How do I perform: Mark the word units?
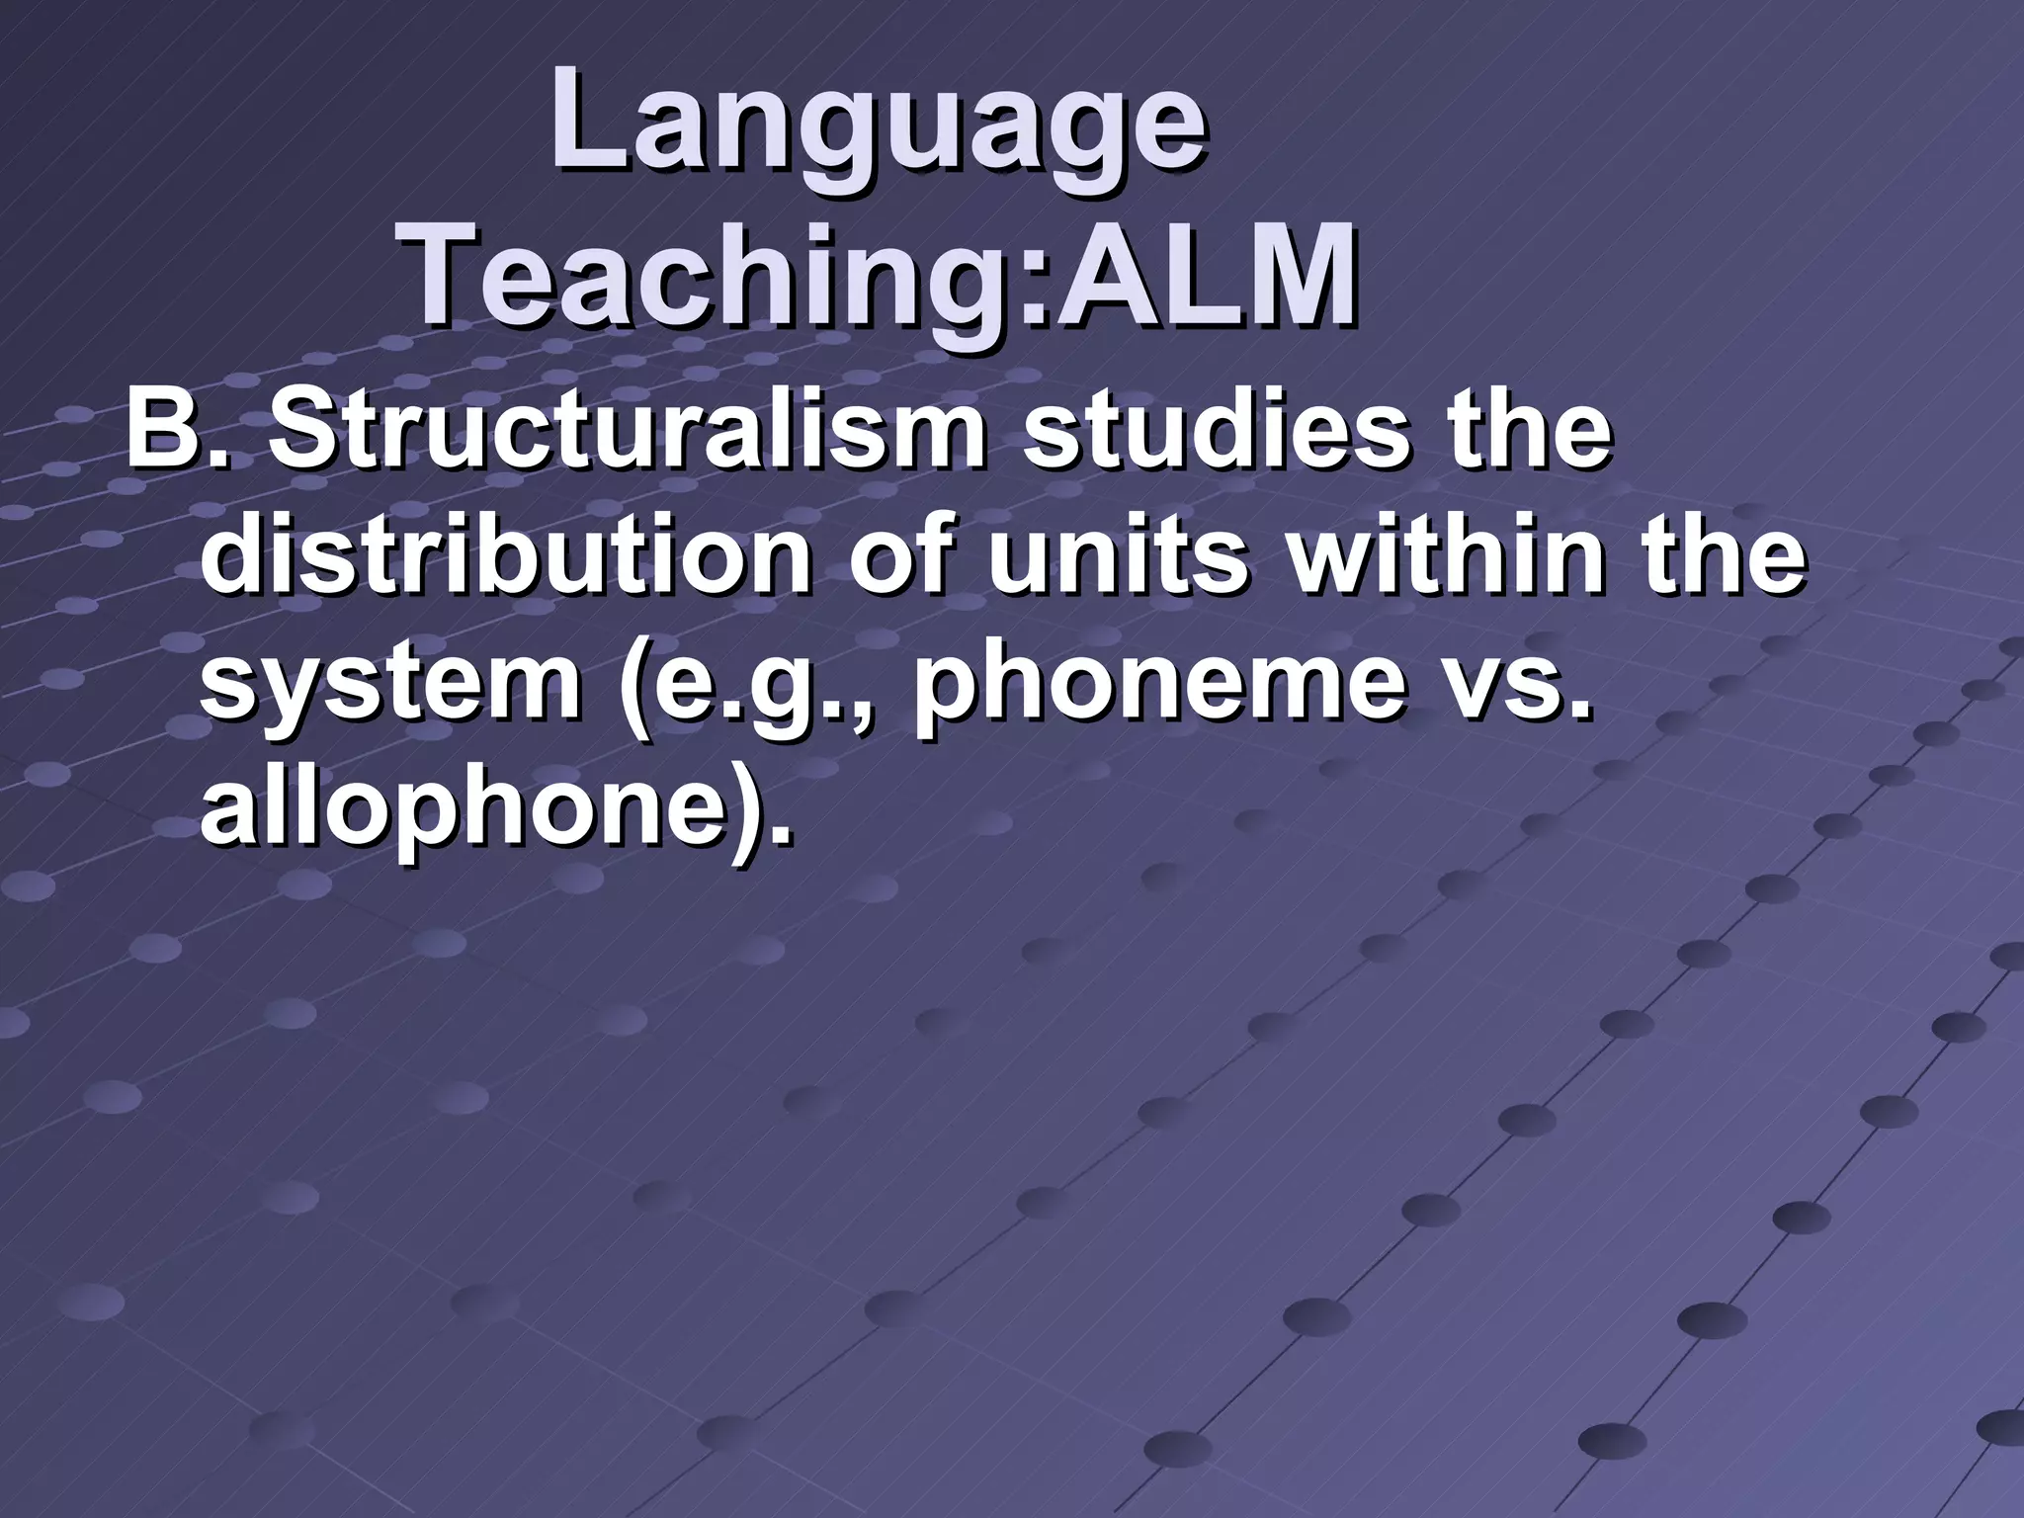(x=1121, y=556)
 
